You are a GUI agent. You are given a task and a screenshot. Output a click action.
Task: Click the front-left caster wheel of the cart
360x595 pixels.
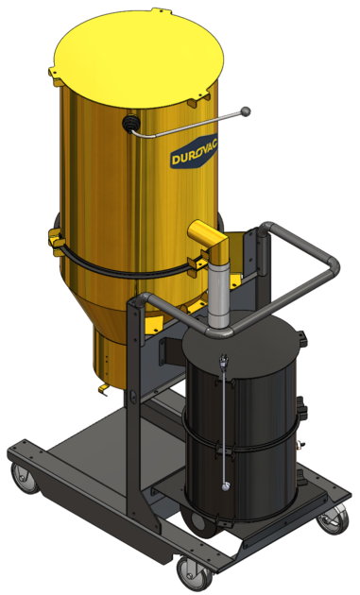(x=26, y=483)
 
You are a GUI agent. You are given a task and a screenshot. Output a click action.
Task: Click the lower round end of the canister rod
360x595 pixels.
(x=224, y=485)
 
